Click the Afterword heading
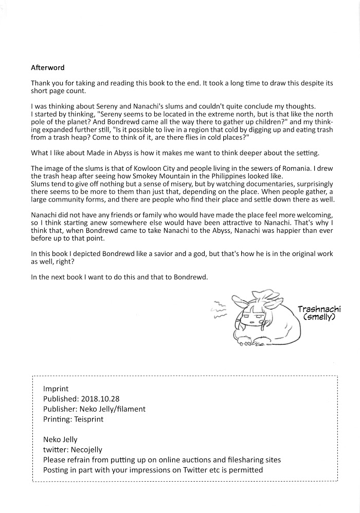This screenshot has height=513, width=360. tap(48, 67)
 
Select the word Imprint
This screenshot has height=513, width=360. tap(56, 389)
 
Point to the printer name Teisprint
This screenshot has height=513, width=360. tap(88, 419)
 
